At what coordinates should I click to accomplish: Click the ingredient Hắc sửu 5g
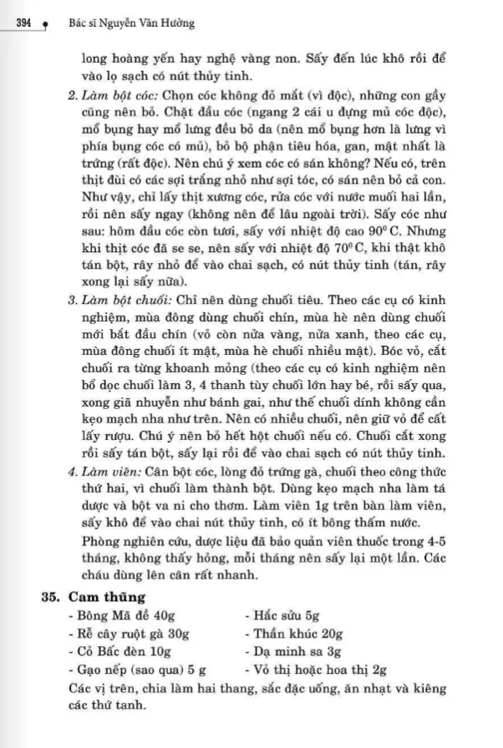(282, 614)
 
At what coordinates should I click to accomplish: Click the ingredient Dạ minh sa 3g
(291, 650)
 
